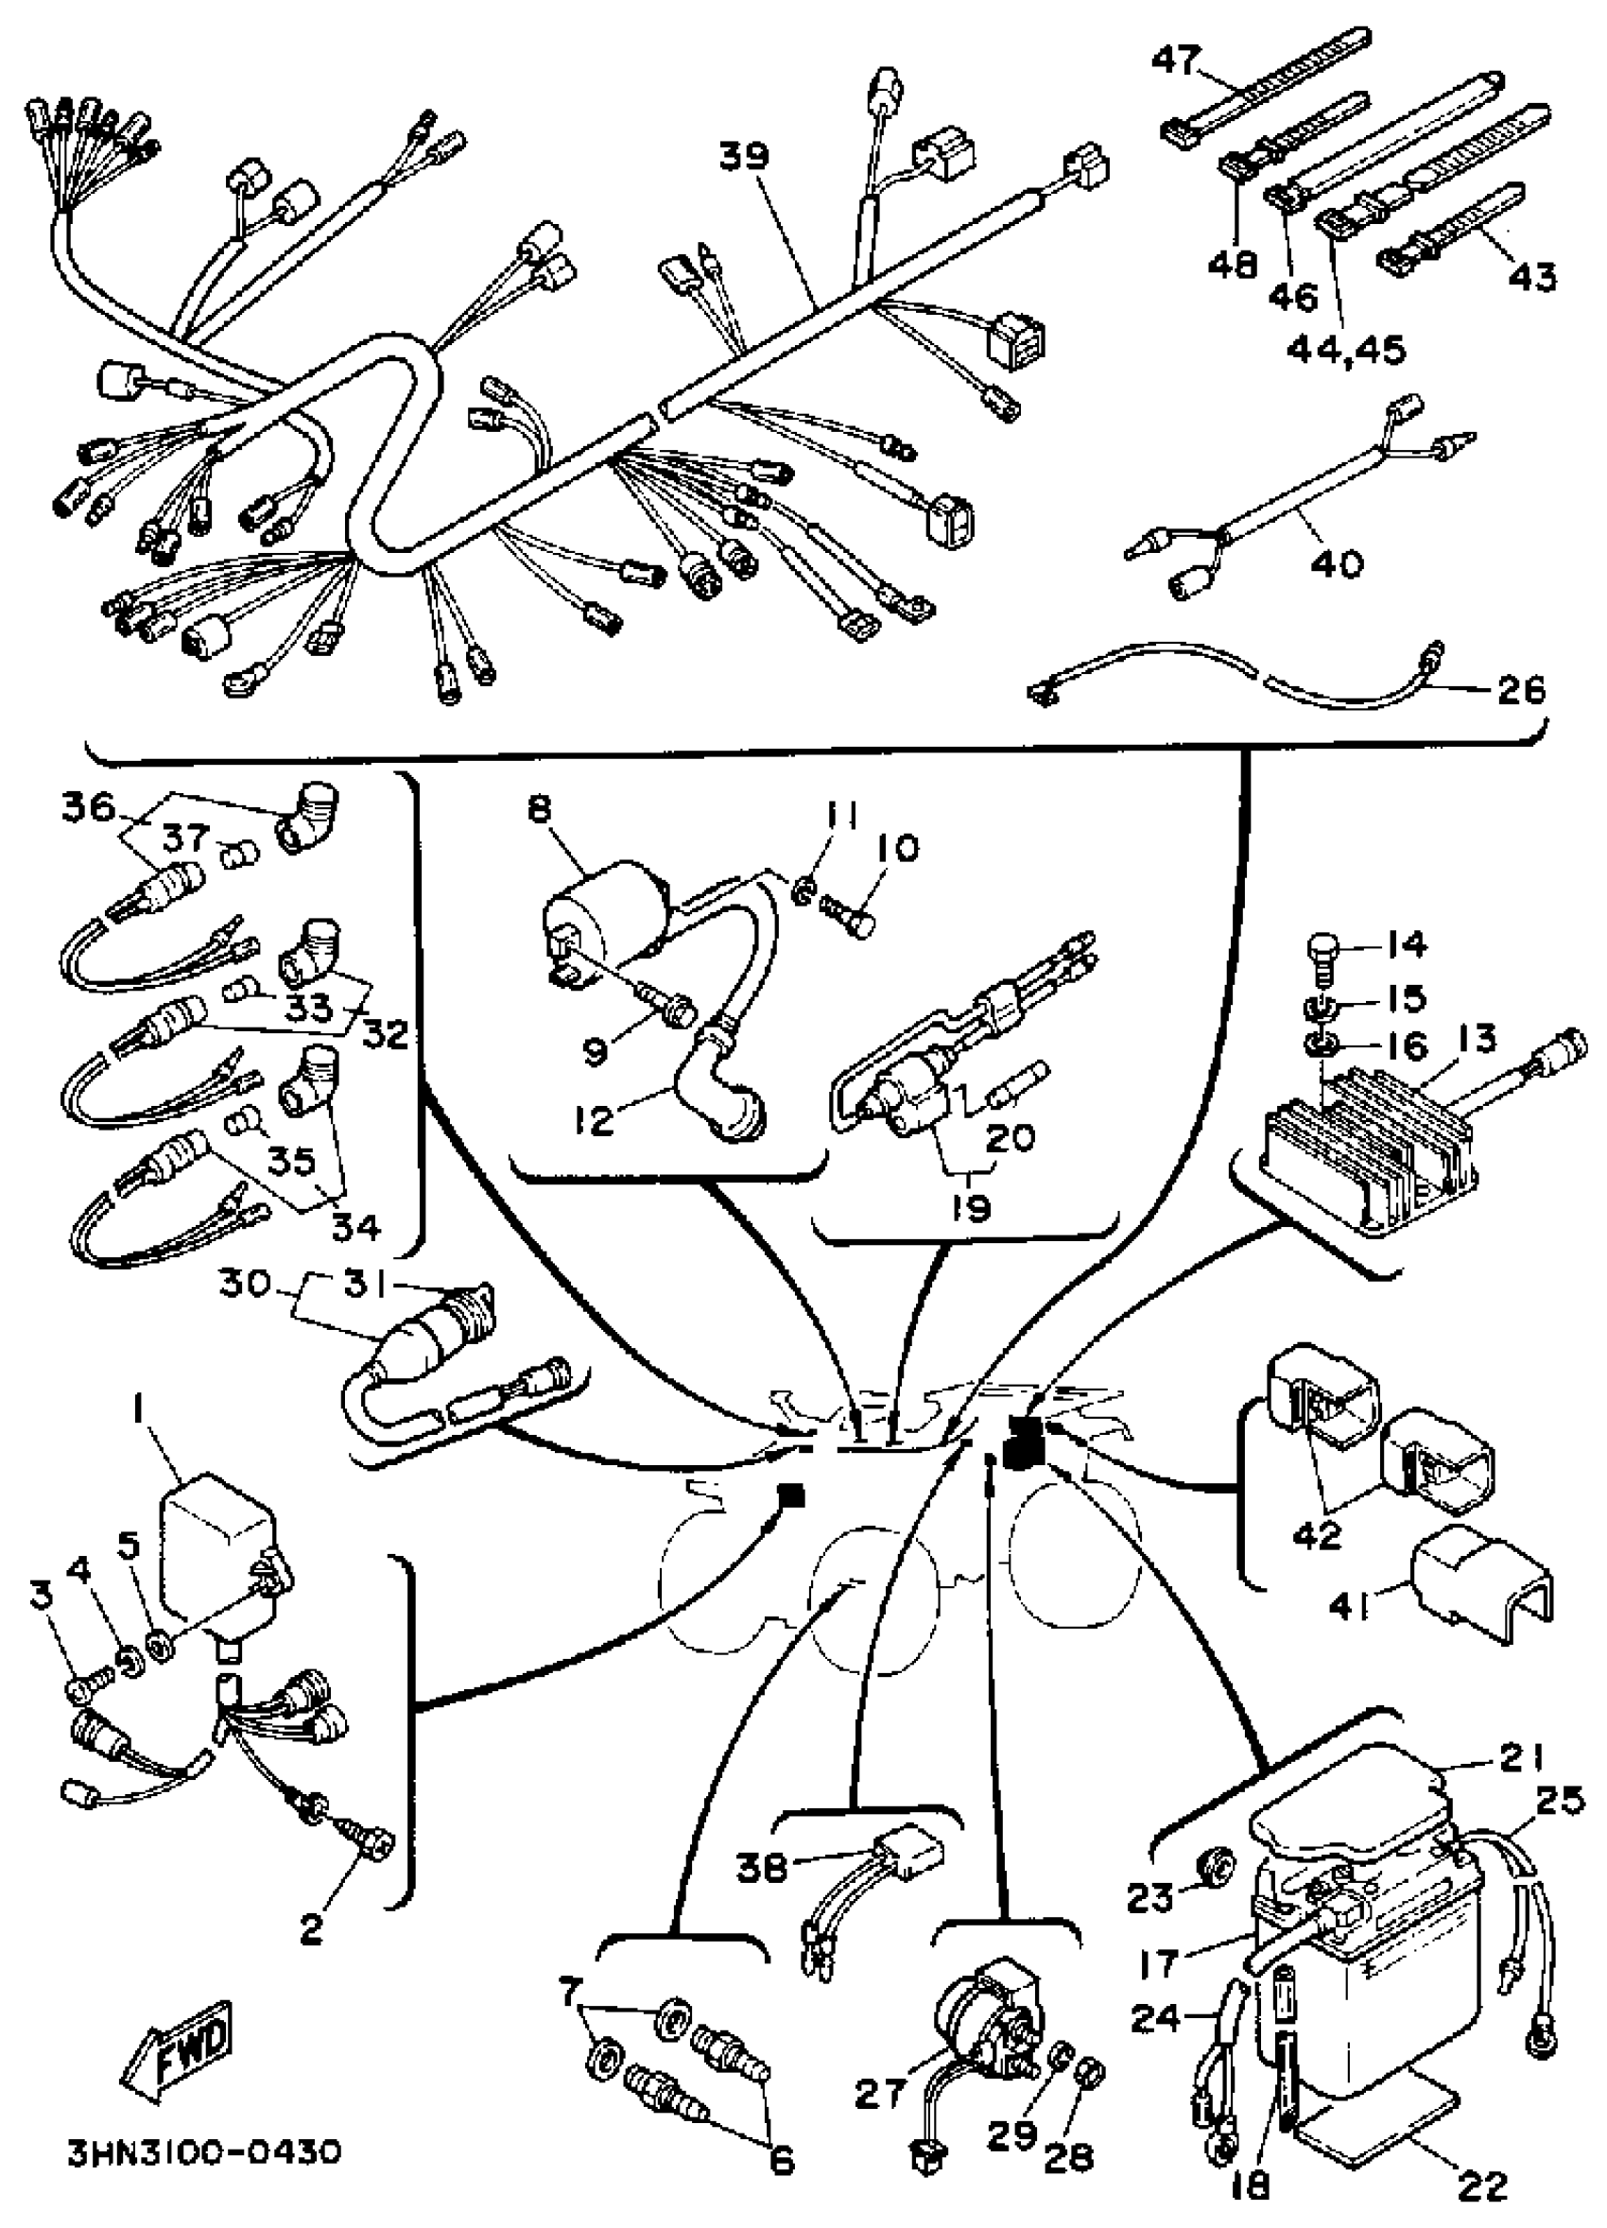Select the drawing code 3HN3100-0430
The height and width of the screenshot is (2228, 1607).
tap(204, 2182)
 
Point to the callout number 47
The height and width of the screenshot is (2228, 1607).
tap(1175, 60)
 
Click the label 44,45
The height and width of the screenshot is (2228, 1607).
tap(1346, 349)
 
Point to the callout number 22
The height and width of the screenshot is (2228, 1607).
tap(1482, 2185)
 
